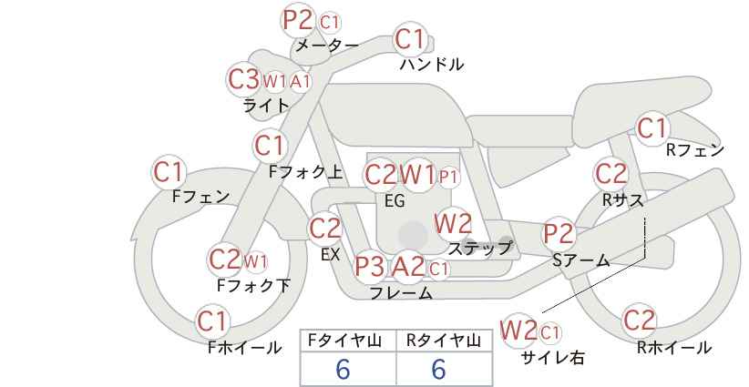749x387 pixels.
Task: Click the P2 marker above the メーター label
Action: pos(298,20)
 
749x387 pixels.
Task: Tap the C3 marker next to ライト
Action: pos(243,79)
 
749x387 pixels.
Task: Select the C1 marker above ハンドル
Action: pos(410,39)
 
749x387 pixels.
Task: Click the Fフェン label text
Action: pos(200,196)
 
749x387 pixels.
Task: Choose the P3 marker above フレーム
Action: pos(369,266)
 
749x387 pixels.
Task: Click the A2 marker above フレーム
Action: pos(408,266)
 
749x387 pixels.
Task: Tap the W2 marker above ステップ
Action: pos(453,224)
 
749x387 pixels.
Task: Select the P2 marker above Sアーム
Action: pos(559,234)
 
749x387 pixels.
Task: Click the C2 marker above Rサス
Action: pos(610,174)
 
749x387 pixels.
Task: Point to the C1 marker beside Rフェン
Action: pos(652,127)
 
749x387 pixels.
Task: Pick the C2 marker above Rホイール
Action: pos(639,320)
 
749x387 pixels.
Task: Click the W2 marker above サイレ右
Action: pos(518,330)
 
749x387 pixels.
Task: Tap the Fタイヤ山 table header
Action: pos(348,341)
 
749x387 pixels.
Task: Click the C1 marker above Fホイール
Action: pos(211,321)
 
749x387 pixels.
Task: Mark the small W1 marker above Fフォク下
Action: pos(255,261)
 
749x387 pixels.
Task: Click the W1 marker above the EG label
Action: pos(417,175)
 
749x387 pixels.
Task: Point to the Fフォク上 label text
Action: pos(306,172)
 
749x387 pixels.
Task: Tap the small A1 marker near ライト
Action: pos(301,82)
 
